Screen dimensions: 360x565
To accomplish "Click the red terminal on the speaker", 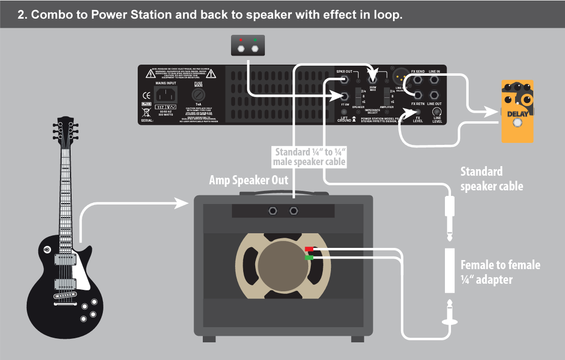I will point(309,249).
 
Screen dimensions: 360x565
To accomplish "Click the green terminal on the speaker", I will point(309,258).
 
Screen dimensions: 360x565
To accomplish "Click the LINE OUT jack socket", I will point(434,95).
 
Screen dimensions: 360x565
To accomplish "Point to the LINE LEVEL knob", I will point(437,112).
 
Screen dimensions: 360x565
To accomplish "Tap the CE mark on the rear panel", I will point(146,95).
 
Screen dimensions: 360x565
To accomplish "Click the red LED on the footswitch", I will point(242,39).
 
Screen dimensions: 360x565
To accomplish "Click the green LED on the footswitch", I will point(255,39).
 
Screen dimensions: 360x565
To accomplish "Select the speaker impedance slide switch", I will point(358,95).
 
